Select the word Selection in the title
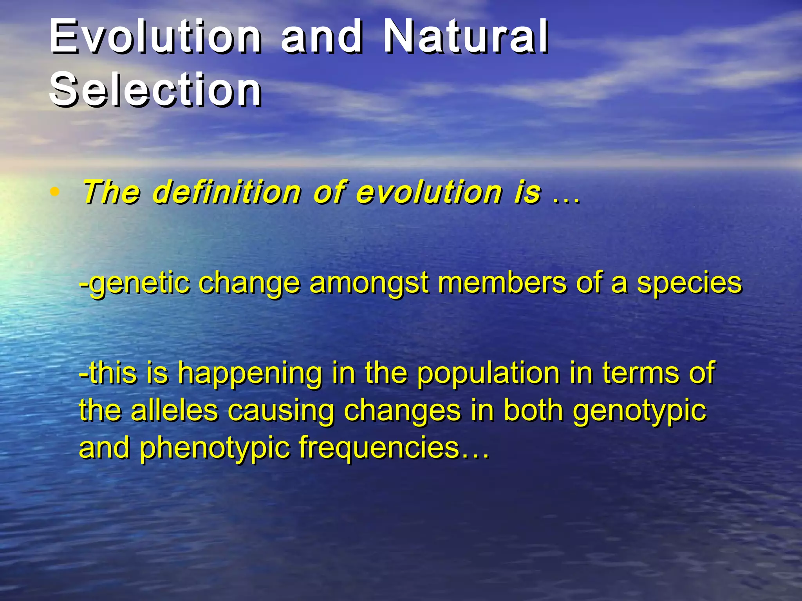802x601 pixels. click(155, 90)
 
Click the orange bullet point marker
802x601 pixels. click(55, 192)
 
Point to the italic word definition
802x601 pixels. click(227, 192)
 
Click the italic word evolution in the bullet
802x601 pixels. click(428, 192)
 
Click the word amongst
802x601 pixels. click(368, 283)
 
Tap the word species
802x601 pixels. click(689, 283)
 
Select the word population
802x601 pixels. click(488, 372)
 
